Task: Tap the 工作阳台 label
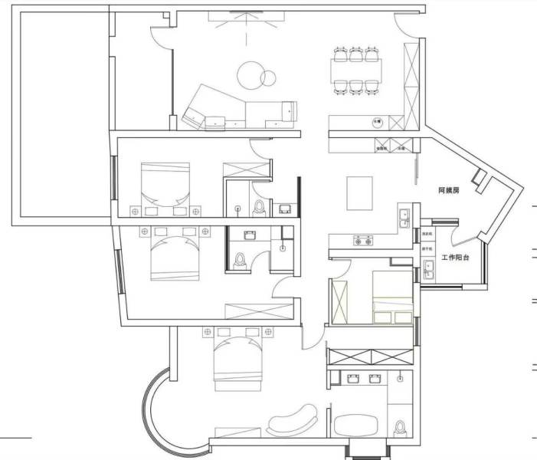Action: coord(455,258)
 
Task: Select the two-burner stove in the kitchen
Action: coord(362,242)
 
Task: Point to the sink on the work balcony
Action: coord(429,270)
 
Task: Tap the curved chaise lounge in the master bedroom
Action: coord(293,421)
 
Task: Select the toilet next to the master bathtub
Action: coord(398,428)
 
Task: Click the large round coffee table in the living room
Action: coord(250,74)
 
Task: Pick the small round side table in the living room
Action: coord(268,77)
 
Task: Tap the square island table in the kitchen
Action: coord(359,192)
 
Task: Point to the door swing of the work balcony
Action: coord(463,232)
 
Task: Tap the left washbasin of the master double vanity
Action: coord(353,377)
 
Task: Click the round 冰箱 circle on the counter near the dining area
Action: coord(377,121)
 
